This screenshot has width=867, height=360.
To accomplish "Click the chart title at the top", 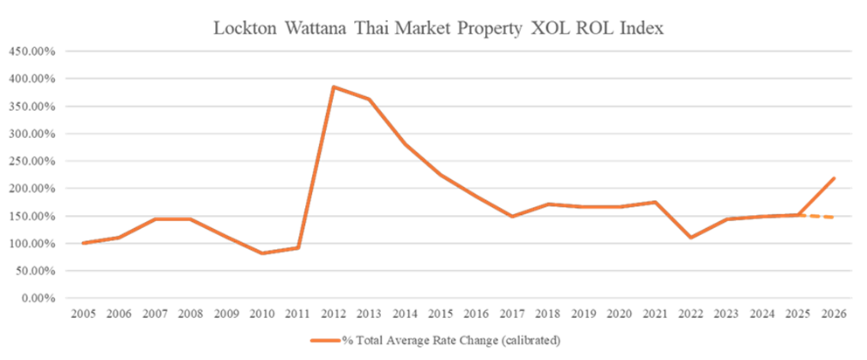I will point(439,28).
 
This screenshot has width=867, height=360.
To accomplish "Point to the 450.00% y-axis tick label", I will point(32,52).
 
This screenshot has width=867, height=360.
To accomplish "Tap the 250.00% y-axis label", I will point(32,161).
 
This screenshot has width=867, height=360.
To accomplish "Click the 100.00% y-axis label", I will point(32,243).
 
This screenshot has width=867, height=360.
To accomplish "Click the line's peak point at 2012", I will point(334,87).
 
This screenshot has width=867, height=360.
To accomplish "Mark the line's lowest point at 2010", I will point(262,253).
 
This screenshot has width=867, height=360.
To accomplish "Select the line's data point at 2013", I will point(370,100).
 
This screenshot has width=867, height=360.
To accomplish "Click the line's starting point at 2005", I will point(83,244).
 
